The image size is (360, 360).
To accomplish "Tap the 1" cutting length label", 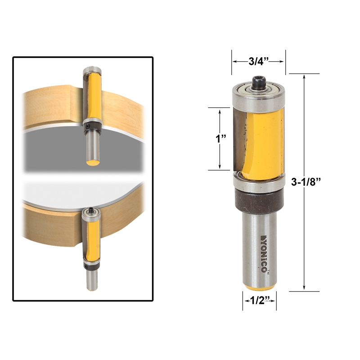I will click(x=220, y=138).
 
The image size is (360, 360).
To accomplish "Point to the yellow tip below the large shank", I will click(x=260, y=287).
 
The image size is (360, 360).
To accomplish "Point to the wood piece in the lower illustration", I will click(x=49, y=223).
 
